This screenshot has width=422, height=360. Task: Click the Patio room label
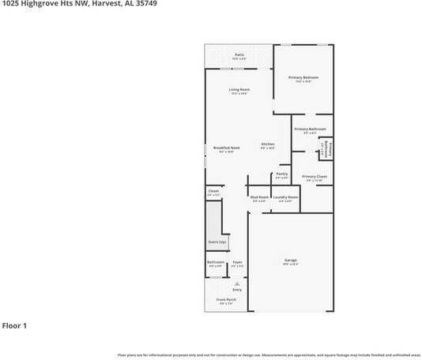(239, 54)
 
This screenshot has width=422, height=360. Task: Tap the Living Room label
(239, 89)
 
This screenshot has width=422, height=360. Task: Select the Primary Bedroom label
(303, 77)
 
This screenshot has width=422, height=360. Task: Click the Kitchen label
(268, 144)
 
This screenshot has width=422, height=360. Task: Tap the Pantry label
(282, 175)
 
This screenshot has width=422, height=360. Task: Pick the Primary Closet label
(315, 177)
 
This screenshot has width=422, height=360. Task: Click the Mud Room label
(259, 197)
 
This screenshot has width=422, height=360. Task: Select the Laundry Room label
(285, 197)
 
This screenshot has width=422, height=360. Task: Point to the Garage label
(291, 260)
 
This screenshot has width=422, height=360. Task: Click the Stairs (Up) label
(215, 242)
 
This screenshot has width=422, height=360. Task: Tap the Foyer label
(237, 262)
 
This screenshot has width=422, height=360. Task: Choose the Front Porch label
(226, 299)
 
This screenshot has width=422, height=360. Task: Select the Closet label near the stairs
(213, 191)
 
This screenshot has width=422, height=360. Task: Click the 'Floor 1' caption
(14, 325)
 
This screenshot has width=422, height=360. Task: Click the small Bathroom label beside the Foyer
(216, 262)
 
